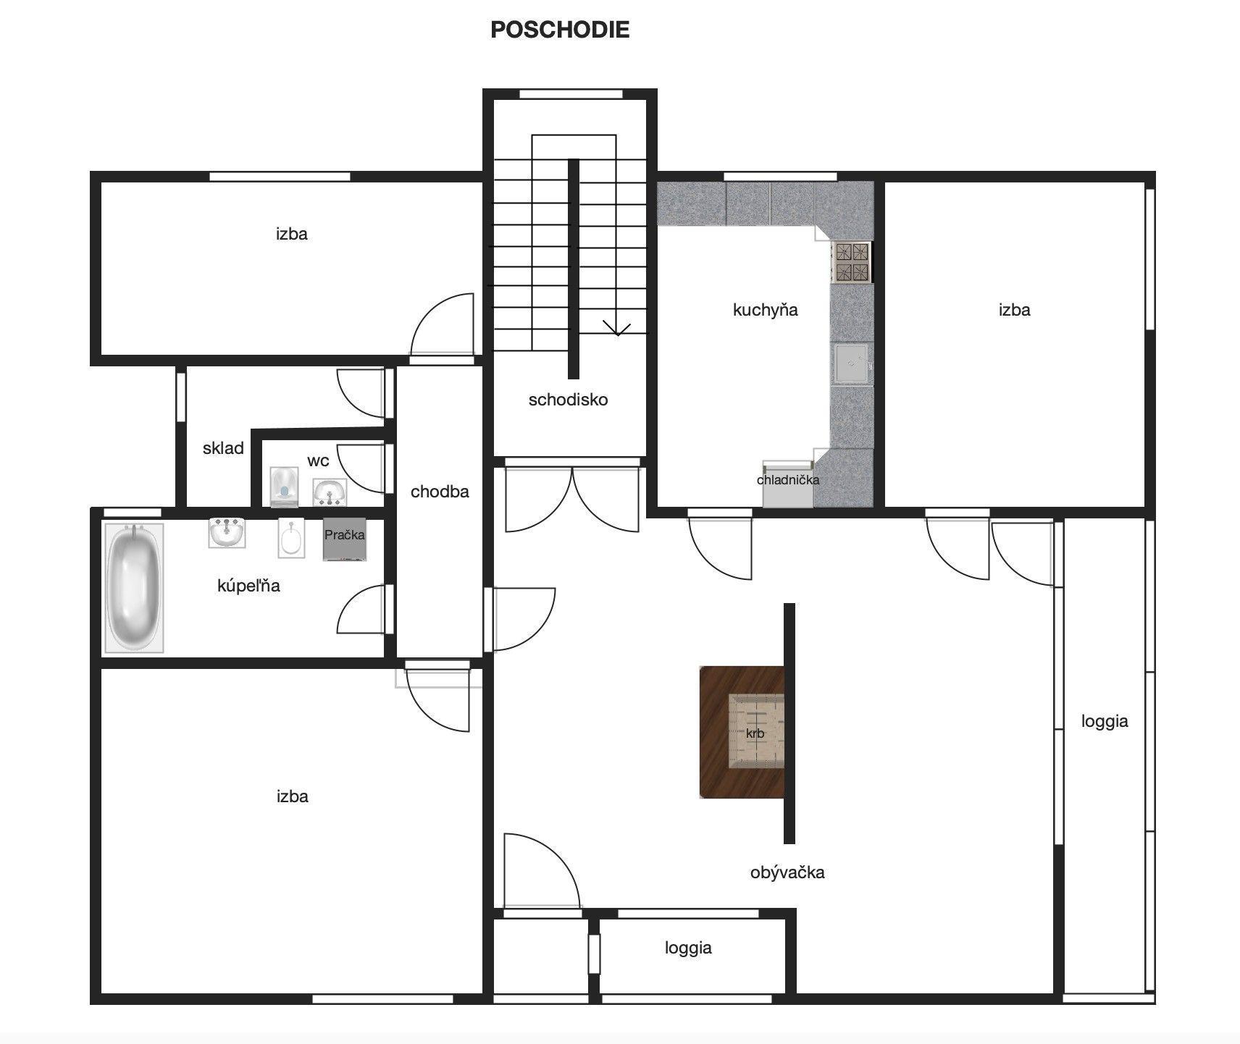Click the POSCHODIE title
[560, 30]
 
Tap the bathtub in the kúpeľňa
[134, 588]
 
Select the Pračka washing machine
[345, 539]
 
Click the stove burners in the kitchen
[852, 261]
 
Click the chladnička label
[788, 480]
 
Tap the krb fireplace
[742, 732]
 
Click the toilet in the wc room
[284, 487]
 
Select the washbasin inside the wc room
[330, 492]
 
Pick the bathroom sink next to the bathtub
[227, 532]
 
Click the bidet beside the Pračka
[292, 539]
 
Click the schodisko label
[569, 400]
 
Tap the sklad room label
[223, 448]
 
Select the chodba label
[440, 492]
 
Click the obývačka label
[787, 872]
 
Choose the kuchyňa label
[766, 310]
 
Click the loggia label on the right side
[1105, 721]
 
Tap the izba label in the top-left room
[292, 234]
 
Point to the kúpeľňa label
[248, 585]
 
